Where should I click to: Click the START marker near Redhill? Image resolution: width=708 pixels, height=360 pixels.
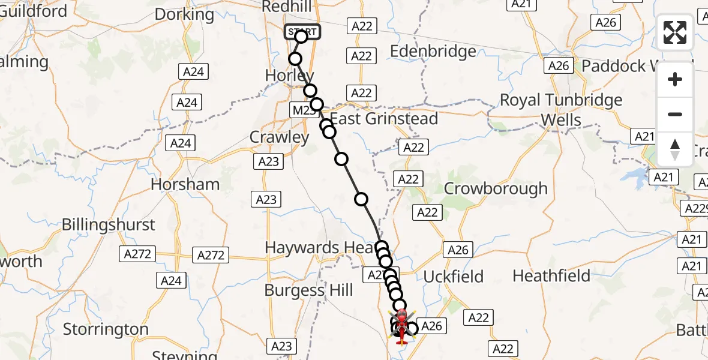click(x=302, y=31)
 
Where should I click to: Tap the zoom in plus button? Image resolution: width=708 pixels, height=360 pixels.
click(x=675, y=80)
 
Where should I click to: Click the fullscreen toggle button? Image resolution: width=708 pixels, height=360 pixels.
click(x=675, y=32)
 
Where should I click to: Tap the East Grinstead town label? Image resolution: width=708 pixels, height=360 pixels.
click(x=384, y=118)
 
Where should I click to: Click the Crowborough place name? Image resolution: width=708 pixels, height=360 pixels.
click(x=496, y=188)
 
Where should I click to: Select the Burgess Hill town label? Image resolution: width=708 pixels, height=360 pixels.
click(x=309, y=291)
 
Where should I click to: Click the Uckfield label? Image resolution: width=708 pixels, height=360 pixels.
click(x=454, y=277)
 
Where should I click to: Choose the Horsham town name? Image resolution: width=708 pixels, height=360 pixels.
click(x=185, y=184)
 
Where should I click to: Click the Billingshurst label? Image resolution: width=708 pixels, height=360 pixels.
click(x=109, y=225)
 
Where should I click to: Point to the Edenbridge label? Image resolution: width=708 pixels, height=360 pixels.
click(x=433, y=52)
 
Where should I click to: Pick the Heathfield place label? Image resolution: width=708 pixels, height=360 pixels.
click(x=552, y=276)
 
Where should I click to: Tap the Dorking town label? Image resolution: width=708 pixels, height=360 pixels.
click(x=184, y=14)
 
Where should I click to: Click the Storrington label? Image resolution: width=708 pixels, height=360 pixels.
click(x=106, y=329)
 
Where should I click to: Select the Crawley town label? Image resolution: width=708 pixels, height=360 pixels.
click(x=279, y=137)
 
